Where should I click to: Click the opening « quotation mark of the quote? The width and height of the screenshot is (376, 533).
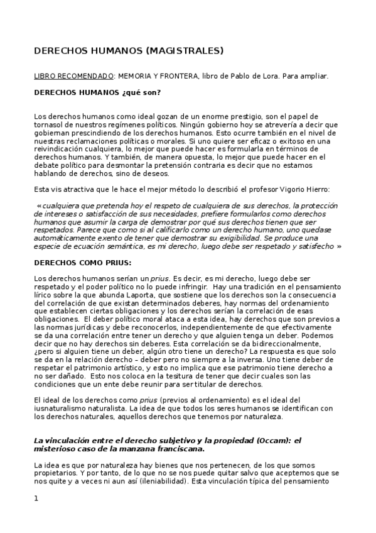[x=40, y=206]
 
